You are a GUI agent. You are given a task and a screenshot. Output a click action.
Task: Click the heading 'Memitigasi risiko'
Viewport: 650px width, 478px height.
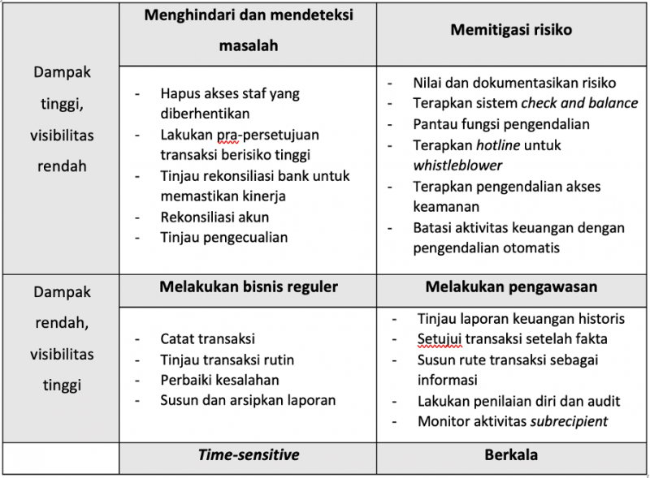pos(511,30)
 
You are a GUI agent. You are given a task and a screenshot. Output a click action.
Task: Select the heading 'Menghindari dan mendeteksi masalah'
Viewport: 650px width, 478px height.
pos(248,30)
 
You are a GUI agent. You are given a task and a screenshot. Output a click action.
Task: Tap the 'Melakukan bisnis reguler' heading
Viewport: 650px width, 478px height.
pos(249,286)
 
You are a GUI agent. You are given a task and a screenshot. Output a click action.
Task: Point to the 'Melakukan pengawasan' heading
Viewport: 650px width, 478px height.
pos(511,286)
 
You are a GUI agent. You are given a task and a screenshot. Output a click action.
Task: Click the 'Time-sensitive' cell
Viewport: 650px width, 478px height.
pos(249,454)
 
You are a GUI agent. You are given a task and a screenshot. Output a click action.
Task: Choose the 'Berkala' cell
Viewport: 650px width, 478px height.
pos(511,454)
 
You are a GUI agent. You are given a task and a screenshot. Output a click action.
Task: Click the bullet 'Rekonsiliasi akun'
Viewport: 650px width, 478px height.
pos(214,217)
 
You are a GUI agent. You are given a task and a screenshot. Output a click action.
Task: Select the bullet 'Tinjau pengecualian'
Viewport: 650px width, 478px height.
pos(223,238)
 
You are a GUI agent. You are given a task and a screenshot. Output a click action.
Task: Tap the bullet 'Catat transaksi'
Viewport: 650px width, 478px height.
pos(207,338)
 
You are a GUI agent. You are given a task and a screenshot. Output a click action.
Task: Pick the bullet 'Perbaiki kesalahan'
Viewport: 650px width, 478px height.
pos(219,380)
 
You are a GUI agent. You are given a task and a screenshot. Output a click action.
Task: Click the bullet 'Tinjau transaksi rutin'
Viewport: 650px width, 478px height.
pos(227,360)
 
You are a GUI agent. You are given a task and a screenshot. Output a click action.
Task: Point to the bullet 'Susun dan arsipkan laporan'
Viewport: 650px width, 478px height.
pos(248,400)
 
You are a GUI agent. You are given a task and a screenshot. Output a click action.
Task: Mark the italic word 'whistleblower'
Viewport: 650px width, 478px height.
pos(457,166)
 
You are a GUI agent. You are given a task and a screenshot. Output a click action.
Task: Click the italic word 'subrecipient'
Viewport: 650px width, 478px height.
pos(569,421)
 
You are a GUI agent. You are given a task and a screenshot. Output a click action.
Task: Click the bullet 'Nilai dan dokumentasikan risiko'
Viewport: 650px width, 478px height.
pos(513,83)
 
